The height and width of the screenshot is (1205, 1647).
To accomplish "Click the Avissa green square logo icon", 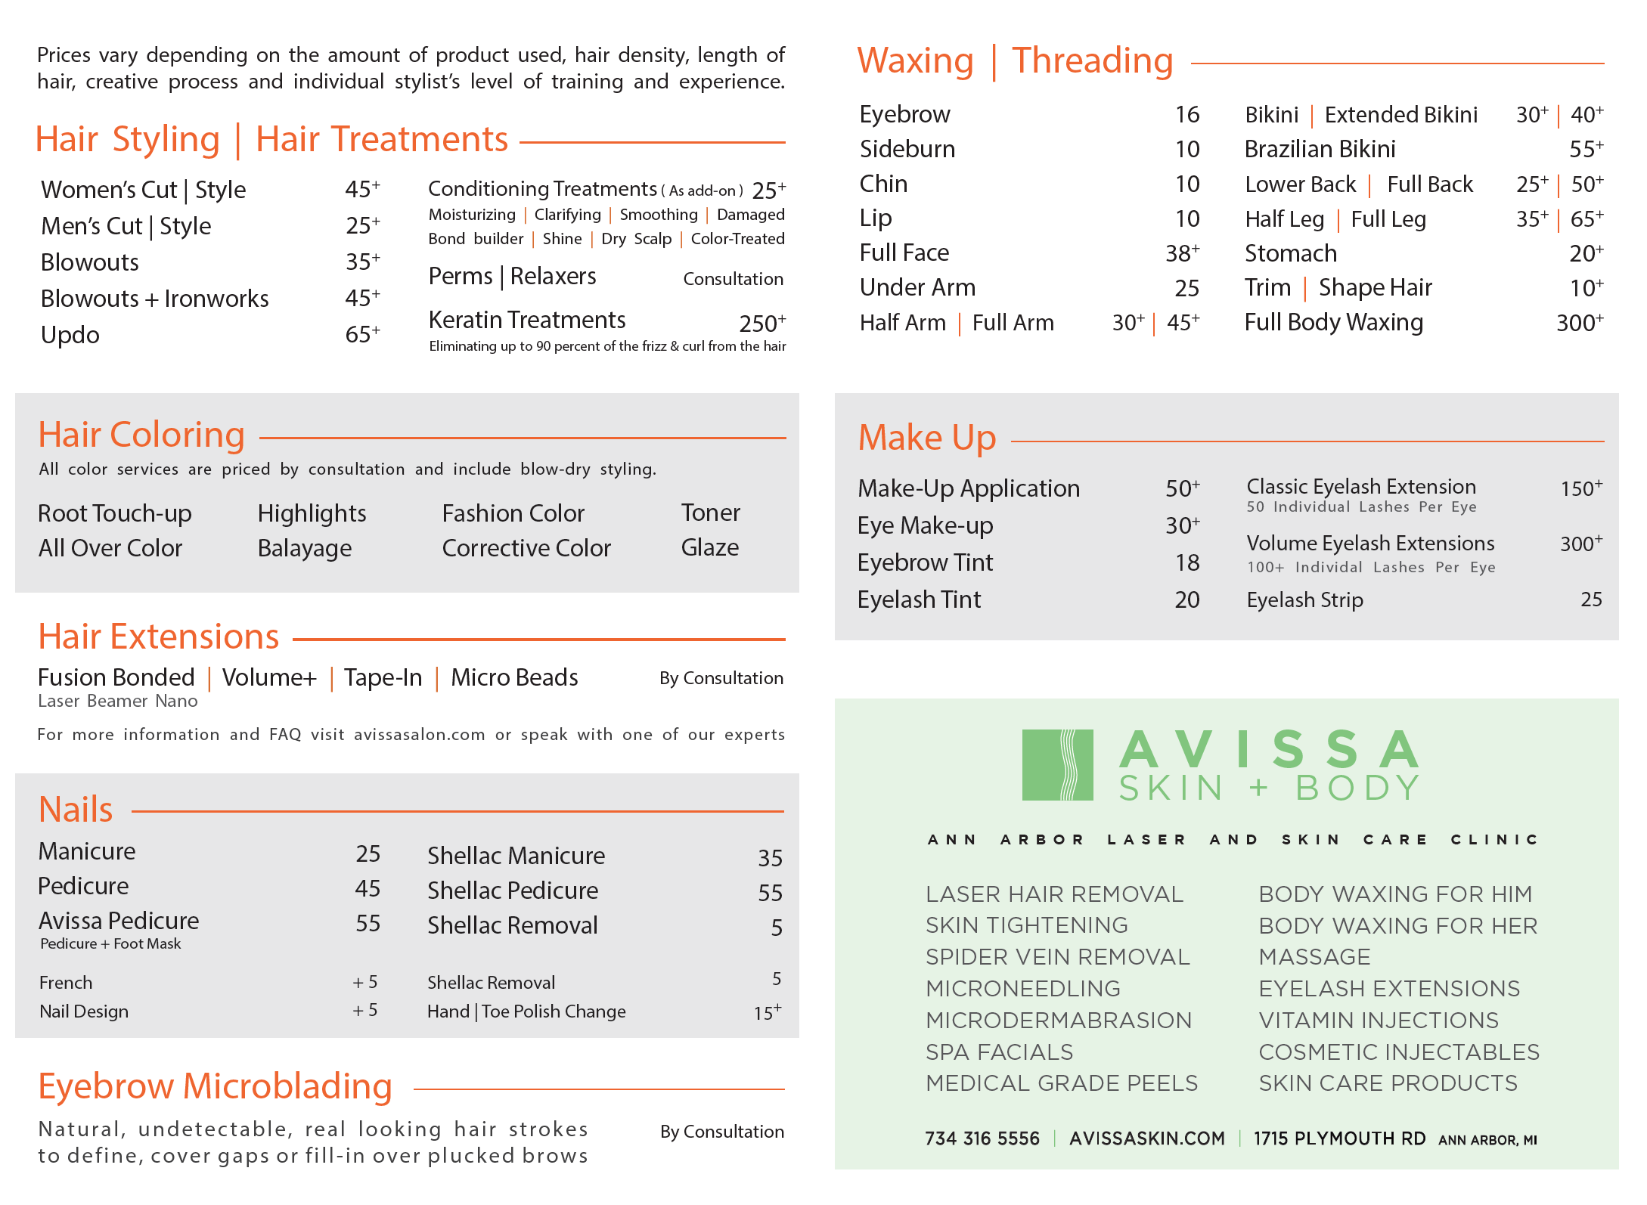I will click(x=1057, y=764).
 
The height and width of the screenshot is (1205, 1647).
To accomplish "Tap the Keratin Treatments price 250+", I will click(x=761, y=324).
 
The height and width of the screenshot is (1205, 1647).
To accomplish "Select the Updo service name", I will click(x=70, y=335).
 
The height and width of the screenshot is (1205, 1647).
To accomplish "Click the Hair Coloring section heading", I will click(x=141, y=435).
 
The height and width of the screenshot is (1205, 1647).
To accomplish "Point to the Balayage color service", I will click(x=305, y=548).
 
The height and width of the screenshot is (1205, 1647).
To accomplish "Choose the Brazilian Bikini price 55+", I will click(x=1586, y=149).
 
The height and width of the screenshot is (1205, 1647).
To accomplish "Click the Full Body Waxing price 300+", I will click(x=1579, y=323).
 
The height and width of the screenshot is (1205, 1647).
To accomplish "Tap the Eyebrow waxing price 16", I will click(x=1186, y=114).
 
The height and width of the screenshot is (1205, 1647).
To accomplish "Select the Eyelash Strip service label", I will click(x=1304, y=599).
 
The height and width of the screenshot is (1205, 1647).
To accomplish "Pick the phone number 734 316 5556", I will click(x=982, y=1138).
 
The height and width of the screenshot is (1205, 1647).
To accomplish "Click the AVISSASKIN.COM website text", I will click(x=1146, y=1138).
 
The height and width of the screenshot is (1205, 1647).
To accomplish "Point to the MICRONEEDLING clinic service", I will click(x=1023, y=988).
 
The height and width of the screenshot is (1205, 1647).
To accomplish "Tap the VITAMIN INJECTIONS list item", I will click(x=1378, y=1020).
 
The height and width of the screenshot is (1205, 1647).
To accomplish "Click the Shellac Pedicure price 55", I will click(x=770, y=893).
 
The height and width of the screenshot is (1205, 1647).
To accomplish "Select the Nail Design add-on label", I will click(x=84, y=1011).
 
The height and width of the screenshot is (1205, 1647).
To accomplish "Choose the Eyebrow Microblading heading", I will click(x=216, y=1086).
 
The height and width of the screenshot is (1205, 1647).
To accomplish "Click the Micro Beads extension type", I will click(x=514, y=677).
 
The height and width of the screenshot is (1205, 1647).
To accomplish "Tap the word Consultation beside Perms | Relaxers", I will click(x=733, y=279).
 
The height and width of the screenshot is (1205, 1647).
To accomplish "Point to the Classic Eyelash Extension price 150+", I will click(x=1580, y=488).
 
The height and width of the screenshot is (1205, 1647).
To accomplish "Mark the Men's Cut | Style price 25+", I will click(x=362, y=225).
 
